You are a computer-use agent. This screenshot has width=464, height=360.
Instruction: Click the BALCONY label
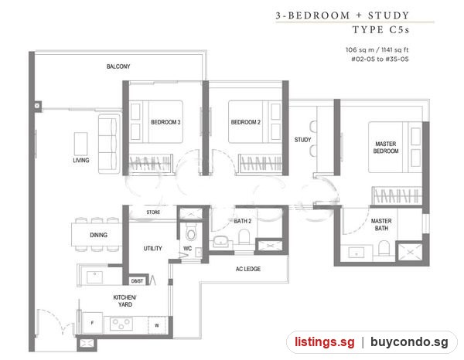pos(118,66)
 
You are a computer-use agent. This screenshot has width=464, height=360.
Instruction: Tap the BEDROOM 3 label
pos(165,122)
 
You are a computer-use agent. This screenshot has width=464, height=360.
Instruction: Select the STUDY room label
pos(302,140)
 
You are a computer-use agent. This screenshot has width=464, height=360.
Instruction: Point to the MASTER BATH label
pos(381,225)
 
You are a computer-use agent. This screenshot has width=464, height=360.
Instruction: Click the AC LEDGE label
pos(248,269)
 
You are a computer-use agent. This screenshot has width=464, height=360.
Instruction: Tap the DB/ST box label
pos(137,281)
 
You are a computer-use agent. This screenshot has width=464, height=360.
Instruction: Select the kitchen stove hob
pos(121,324)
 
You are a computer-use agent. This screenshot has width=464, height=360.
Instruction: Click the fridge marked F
pos(92,323)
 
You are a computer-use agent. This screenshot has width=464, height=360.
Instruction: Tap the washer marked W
pos(157,325)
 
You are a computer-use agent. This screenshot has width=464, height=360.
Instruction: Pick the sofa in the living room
pos(109,144)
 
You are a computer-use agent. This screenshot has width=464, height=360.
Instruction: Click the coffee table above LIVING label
pos(80,144)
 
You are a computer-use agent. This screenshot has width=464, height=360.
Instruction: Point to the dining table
pos(97,235)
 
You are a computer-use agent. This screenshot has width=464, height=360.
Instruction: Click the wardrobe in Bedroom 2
pos(260,163)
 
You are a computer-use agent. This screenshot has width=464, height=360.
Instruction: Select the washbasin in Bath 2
pos(220,241)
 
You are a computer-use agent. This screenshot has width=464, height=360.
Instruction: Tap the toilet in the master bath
pos(384,248)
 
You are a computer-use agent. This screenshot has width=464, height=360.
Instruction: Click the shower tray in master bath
pos(410,252)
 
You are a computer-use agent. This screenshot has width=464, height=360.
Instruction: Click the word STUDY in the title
pos(388,15)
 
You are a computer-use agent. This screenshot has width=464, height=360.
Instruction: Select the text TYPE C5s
pos(380,29)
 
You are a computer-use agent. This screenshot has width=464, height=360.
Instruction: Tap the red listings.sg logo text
pos(324,342)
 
